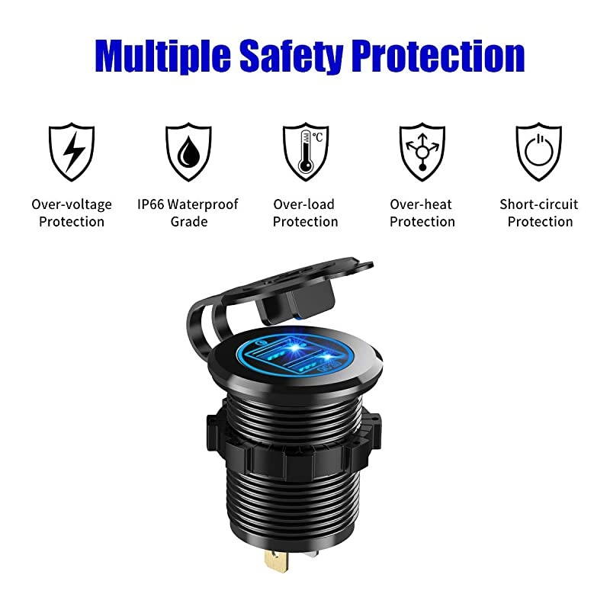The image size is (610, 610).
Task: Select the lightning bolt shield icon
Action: coord(72,152)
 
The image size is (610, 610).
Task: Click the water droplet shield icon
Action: coord(188,152)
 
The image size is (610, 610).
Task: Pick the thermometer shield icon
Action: coord(305,152)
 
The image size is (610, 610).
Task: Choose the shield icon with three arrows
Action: coord(422,152)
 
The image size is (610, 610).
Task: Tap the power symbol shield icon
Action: coord(538,152)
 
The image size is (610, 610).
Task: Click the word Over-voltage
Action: coord(72,204)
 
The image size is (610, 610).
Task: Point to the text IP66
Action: coord(151,204)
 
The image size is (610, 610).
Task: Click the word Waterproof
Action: coord(204,204)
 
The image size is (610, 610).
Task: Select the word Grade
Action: coord(188,222)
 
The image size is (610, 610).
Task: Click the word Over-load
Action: coord(304,204)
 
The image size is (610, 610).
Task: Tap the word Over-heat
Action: coord(421,204)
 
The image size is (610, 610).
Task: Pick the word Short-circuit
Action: coord(539,204)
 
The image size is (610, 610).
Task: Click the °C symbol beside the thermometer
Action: coord(316,137)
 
